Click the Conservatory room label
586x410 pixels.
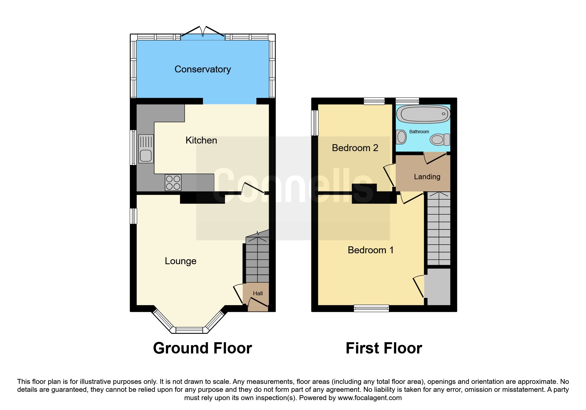(203, 69)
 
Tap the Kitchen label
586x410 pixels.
(201, 140)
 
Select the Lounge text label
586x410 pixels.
(181, 261)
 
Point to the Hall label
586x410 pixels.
(258, 293)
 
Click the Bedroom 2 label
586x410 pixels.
(355, 148)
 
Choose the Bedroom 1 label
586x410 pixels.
(371, 250)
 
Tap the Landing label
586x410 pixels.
(427, 177)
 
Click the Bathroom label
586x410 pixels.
(419, 132)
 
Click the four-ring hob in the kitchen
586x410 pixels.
(173, 183)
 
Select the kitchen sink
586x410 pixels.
(146, 149)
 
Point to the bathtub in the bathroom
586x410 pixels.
(423, 114)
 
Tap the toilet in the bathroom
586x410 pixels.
(440, 140)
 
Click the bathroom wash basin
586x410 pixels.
(401, 137)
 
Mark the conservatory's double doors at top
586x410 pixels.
(203, 32)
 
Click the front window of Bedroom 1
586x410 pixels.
(371, 308)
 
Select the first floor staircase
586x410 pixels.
(439, 228)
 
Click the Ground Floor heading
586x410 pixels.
(203, 348)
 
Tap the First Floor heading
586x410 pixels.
(384, 348)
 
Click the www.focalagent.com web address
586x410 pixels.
(370, 398)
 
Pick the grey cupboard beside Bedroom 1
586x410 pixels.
(439, 287)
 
